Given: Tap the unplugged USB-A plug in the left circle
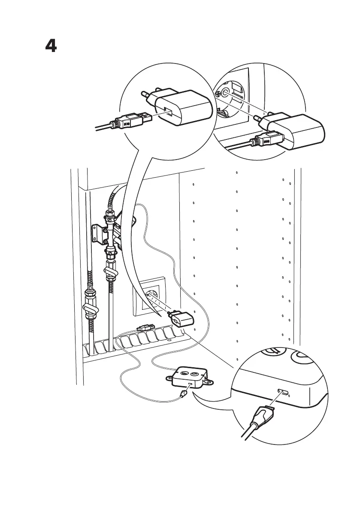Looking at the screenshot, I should point(134,120).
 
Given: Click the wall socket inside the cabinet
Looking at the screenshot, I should point(151,296).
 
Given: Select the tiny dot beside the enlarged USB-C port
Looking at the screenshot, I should point(289,394).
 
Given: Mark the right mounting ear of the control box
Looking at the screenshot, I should point(209,381).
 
